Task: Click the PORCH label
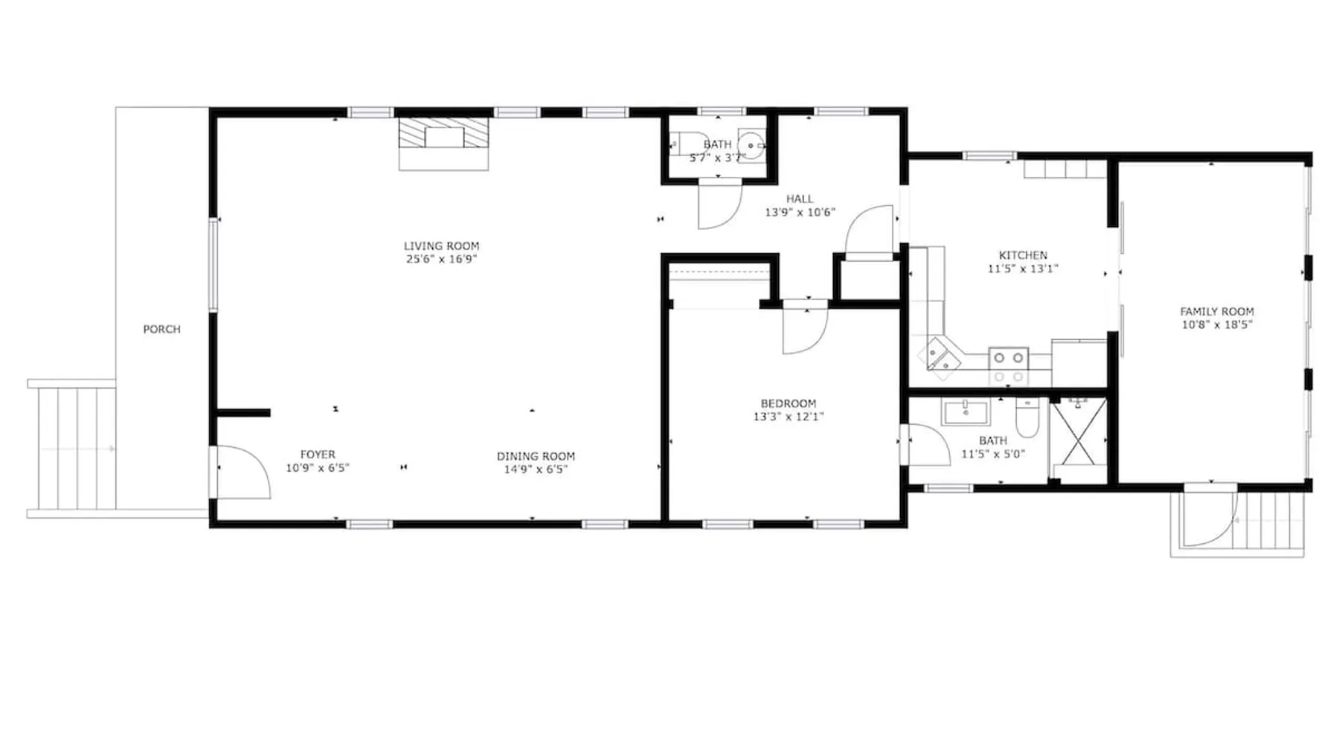tap(161, 329)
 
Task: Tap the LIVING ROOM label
tap(441, 246)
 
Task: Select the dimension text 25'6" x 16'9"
tap(441, 259)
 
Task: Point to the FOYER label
tap(318, 454)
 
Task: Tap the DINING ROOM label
tap(536, 456)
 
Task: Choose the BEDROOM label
tap(789, 403)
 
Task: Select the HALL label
tap(800, 199)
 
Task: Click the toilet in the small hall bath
tap(689, 144)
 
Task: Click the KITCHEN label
tap(1023, 255)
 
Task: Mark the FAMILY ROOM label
tap(1217, 312)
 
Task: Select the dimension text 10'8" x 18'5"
tap(1217, 324)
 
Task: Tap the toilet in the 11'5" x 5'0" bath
tap(1027, 419)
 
